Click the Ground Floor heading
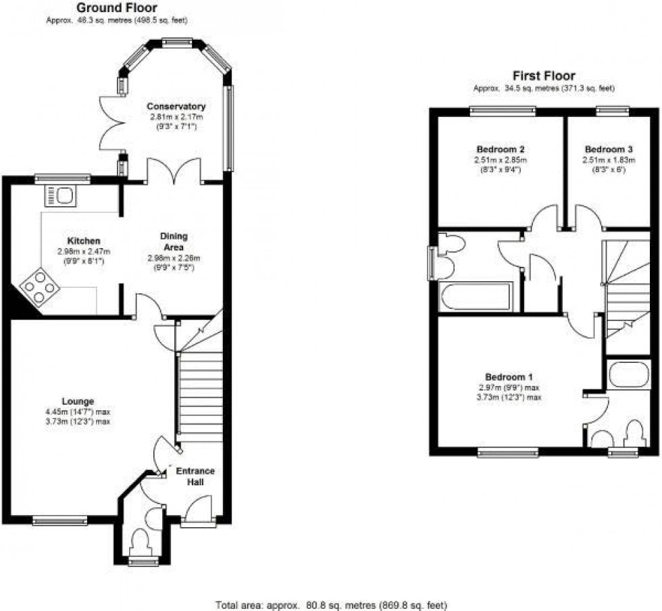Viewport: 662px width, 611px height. pos(116,8)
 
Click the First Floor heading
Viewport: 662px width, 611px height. pos(543,76)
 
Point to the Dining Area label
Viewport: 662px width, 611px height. pos(174,241)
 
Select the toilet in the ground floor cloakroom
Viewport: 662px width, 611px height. pos(142,541)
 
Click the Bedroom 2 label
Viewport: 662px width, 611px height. pos(501,149)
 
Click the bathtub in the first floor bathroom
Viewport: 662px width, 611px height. pos(475,297)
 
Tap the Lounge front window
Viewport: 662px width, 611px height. pos(60,520)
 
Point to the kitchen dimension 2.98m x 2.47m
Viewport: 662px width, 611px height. pos(84,251)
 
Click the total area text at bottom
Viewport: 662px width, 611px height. pos(331,604)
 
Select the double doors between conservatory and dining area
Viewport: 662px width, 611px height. pos(174,171)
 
